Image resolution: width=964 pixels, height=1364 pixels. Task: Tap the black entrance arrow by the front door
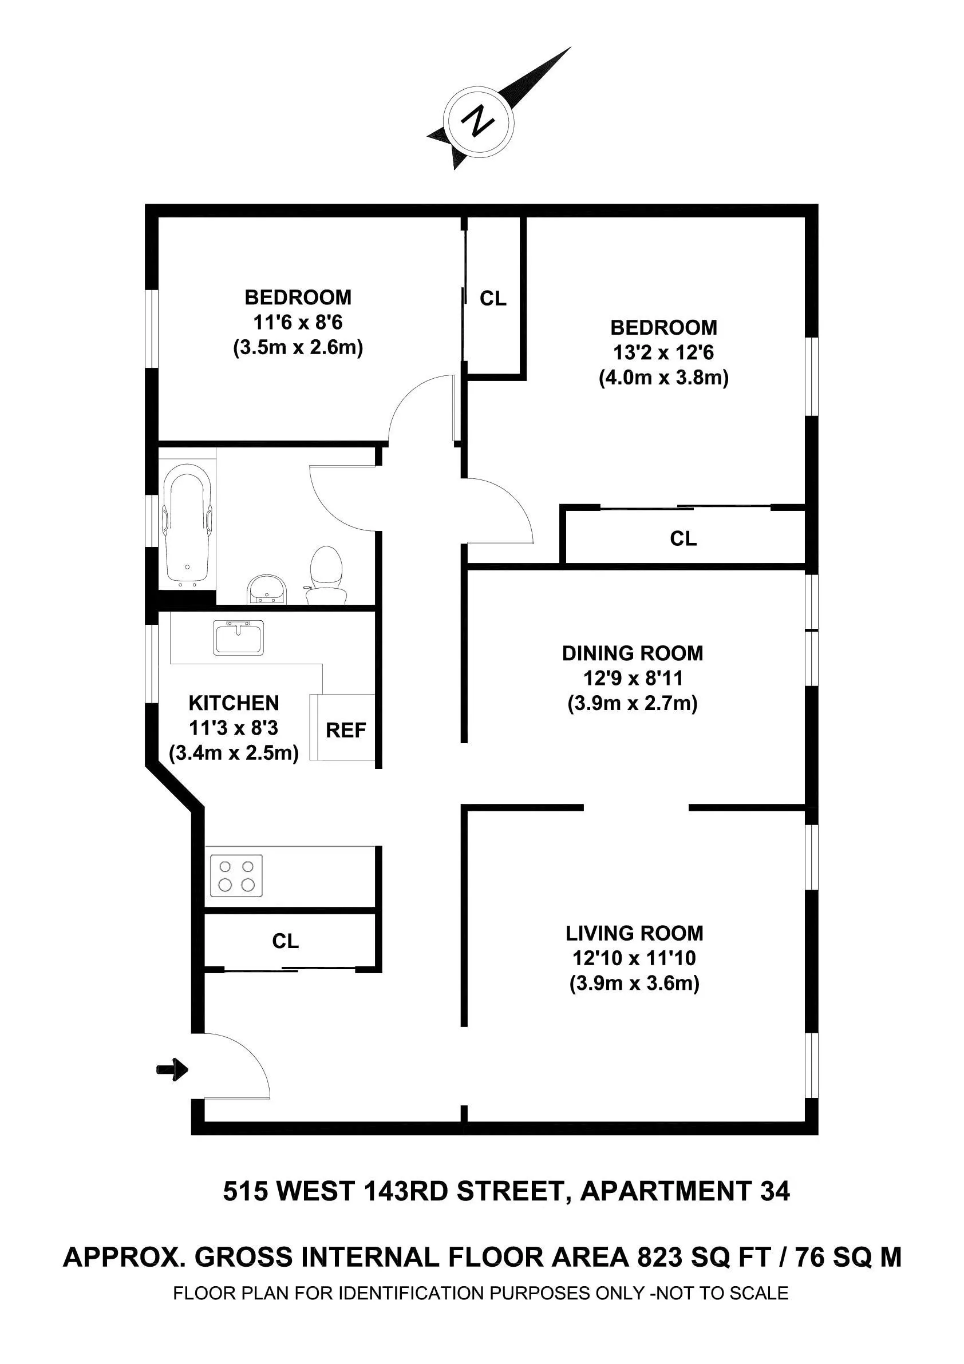172,1069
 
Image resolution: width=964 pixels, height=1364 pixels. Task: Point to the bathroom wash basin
267,588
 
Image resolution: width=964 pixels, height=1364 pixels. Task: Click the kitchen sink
238,637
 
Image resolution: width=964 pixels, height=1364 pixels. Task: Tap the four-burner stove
236,875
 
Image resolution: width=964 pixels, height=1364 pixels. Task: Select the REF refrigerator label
346,730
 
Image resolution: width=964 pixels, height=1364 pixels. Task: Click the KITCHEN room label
234,703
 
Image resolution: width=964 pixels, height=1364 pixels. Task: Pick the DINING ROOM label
633,653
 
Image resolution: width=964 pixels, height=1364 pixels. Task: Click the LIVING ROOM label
634,933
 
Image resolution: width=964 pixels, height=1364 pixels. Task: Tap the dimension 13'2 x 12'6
663,353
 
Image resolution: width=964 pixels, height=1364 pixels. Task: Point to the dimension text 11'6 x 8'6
298,322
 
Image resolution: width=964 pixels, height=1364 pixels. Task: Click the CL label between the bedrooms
493,298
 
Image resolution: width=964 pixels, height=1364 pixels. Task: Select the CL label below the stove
285,941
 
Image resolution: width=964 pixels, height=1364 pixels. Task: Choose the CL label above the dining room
683,538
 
